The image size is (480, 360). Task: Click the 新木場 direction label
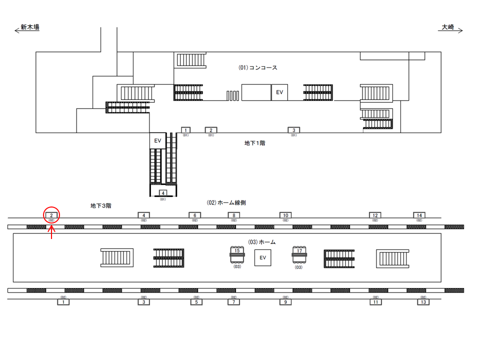[30, 27]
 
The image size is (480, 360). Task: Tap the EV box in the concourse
[280, 92]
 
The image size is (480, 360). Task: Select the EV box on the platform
[262, 258]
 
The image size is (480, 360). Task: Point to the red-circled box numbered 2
[51, 215]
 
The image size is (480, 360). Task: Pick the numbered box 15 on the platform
[237, 251]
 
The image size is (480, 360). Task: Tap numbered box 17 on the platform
[299, 251]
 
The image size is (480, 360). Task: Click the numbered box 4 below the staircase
[162, 193]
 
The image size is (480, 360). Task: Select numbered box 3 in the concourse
[294, 130]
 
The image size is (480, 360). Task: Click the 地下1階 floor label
[254, 143]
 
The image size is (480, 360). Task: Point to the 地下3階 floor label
[100, 205]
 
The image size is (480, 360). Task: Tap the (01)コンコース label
[257, 67]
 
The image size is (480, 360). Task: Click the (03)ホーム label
[262, 242]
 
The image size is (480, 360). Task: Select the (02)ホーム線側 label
[226, 202]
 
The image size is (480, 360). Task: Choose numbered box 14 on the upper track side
[419, 215]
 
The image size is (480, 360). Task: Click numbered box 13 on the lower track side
[423, 302]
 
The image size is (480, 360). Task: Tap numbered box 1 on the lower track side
[63, 302]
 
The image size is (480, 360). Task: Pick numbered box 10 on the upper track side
[285, 215]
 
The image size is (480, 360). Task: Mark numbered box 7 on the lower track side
[233, 302]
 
